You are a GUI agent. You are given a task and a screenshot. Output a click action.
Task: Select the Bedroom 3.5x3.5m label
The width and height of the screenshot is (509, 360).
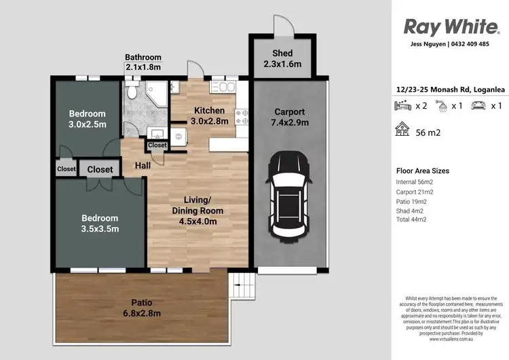click(x=100, y=223)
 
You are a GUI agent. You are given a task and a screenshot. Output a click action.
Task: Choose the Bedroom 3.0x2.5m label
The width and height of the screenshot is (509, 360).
click(x=88, y=118)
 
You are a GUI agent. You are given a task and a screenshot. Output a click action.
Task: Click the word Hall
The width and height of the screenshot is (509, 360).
click(x=142, y=165)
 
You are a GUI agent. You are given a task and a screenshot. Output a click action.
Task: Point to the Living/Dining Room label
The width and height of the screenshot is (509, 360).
click(x=197, y=211)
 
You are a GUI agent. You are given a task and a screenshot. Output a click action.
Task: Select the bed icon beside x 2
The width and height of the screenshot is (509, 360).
click(x=402, y=105)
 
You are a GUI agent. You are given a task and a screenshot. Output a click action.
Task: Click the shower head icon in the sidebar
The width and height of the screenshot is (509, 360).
click(x=440, y=105)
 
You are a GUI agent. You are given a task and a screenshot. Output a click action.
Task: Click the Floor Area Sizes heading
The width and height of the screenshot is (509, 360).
click(x=422, y=171)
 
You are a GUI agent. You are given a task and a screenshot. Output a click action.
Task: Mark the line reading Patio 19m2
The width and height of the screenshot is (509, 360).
click(x=411, y=201)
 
